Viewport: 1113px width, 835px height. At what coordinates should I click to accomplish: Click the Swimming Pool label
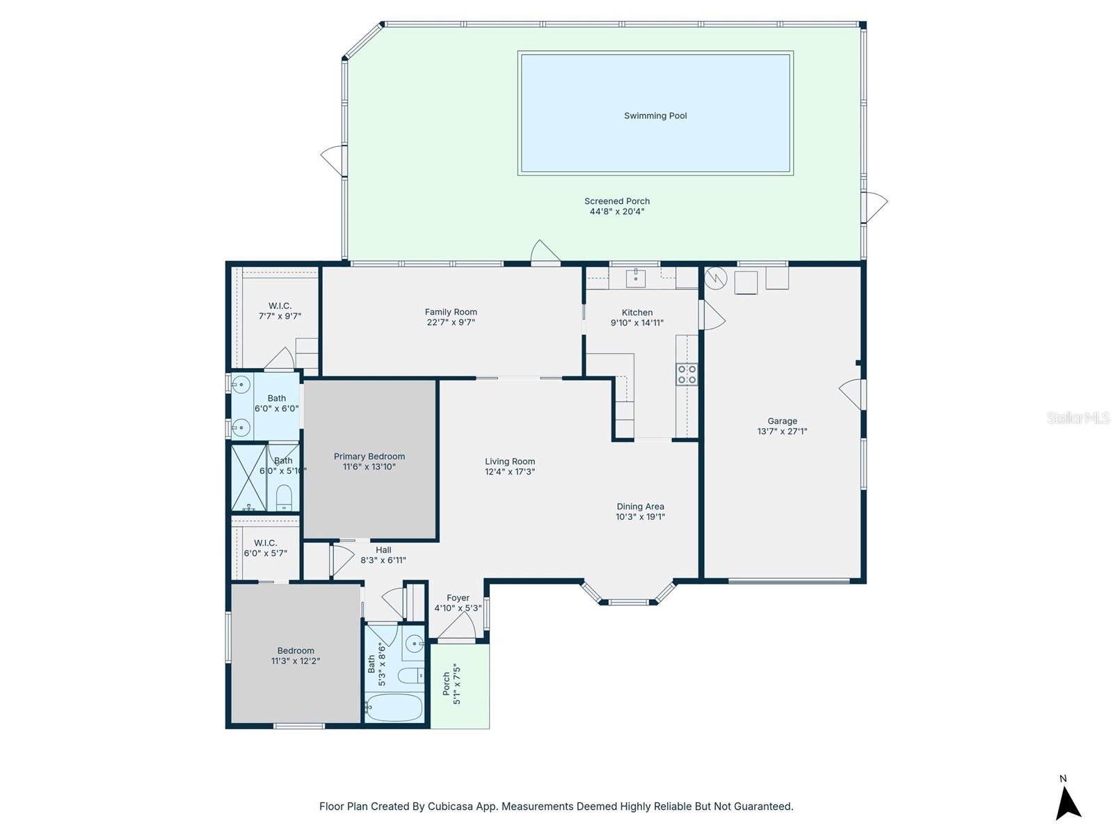pos(655,116)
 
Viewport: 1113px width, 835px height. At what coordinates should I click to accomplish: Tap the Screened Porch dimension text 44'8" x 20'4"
pos(616,212)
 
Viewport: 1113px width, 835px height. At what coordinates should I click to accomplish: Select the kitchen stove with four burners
pos(687,374)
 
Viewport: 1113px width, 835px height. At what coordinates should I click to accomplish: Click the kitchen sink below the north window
pos(636,278)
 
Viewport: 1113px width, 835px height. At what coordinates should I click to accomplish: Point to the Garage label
pos(782,421)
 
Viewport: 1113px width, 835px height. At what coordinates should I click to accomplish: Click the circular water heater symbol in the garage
pos(716,278)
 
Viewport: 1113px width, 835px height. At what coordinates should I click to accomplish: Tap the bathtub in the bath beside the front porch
pos(394,708)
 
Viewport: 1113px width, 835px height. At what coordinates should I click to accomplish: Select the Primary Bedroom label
pos(369,456)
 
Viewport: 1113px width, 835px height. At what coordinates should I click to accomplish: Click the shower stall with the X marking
pos(248,478)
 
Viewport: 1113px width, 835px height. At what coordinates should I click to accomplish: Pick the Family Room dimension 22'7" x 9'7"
pos(450,322)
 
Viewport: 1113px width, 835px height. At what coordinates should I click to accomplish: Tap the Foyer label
pos(458,598)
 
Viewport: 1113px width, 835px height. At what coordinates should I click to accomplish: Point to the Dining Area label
pos(640,507)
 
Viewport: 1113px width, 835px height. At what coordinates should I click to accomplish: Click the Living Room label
pos(510,461)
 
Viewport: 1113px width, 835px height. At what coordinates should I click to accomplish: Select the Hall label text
pos(383,550)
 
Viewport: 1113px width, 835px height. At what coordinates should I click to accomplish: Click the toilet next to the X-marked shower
pos(284,497)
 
